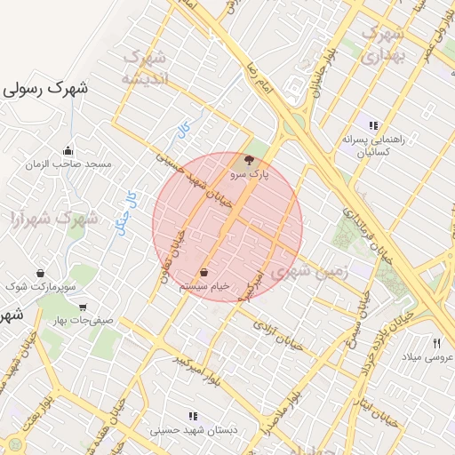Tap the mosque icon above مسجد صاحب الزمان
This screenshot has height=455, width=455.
[x=68, y=150]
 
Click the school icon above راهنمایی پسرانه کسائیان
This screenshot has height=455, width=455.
[x=373, y=125]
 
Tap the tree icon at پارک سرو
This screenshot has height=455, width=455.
[x=247, y=161]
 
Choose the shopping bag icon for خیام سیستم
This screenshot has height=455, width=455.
[x=205, y=272]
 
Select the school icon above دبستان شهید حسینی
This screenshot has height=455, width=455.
[x=193, y=416]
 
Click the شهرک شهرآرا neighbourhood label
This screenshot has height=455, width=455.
[x=52, y=217]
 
